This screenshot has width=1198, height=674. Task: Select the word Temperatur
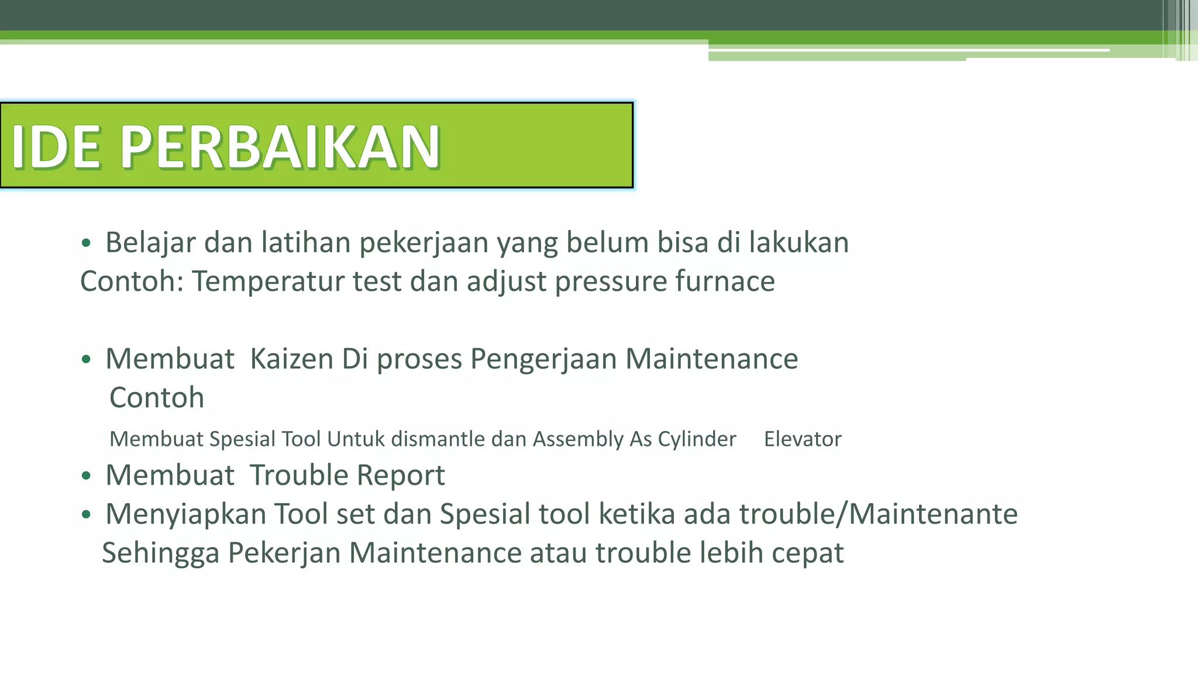pos(268,281)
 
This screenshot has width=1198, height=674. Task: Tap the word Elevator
pos(803,439)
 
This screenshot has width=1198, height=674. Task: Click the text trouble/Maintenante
pos(878,514)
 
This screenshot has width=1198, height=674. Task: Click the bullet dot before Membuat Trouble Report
pos(87,476)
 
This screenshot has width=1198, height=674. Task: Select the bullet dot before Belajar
pos(87,243)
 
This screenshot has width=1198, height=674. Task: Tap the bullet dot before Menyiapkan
pos(87,515)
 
